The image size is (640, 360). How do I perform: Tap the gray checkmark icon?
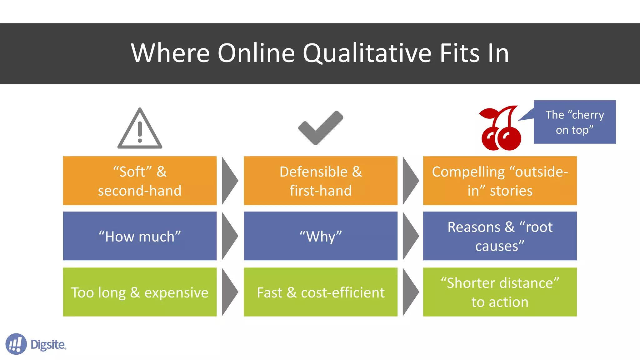(x=321, y=127)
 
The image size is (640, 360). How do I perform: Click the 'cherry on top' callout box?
(x=574, y=122)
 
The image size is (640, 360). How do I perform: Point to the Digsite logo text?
(x=48, y=344)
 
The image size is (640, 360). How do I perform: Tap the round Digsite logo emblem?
(x=16, y=344)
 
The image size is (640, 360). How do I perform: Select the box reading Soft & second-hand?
(x=140, y=181)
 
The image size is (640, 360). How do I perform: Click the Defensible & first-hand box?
(x=321, y=181)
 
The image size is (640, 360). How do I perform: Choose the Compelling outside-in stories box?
(x=500, y=181)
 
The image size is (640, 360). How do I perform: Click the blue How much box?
(x=140, y=236)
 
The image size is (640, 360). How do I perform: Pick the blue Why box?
(x=321, y=236)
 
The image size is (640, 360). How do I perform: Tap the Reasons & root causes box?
(x=500, y=236)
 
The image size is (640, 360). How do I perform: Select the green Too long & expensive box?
(x=140, y=292)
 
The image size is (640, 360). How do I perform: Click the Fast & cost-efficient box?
(x=321, y=292)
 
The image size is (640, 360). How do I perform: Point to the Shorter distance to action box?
(x=500, y=292)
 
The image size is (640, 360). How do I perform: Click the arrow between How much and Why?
(x=229, y=236)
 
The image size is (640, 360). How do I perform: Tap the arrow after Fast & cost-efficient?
(x=410, y=292)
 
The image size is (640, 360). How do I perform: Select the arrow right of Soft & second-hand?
(x=229, y=181)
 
